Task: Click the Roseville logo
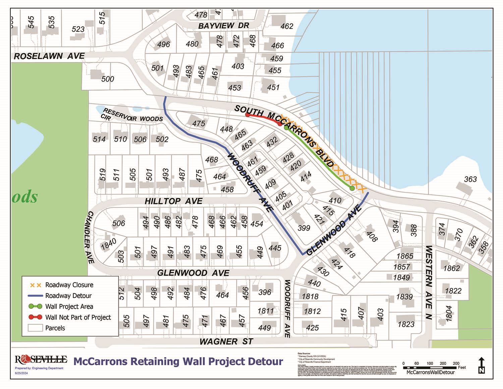(x=41, y=360)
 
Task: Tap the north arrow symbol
(x=482, y=366)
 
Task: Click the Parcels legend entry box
(x=35, y=328)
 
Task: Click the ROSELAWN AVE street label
(x=49, y=56)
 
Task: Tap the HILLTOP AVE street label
(x=173, y=201)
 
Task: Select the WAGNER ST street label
(x=226, y=342)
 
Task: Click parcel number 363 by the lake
(x=470, y=179)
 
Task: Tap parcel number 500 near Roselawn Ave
(x=108, y=79)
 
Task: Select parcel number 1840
(x=109, y=243)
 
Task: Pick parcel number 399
(x=304, y=228)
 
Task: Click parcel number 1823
(x=406, y=324)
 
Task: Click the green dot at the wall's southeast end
(x=352, y=188)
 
